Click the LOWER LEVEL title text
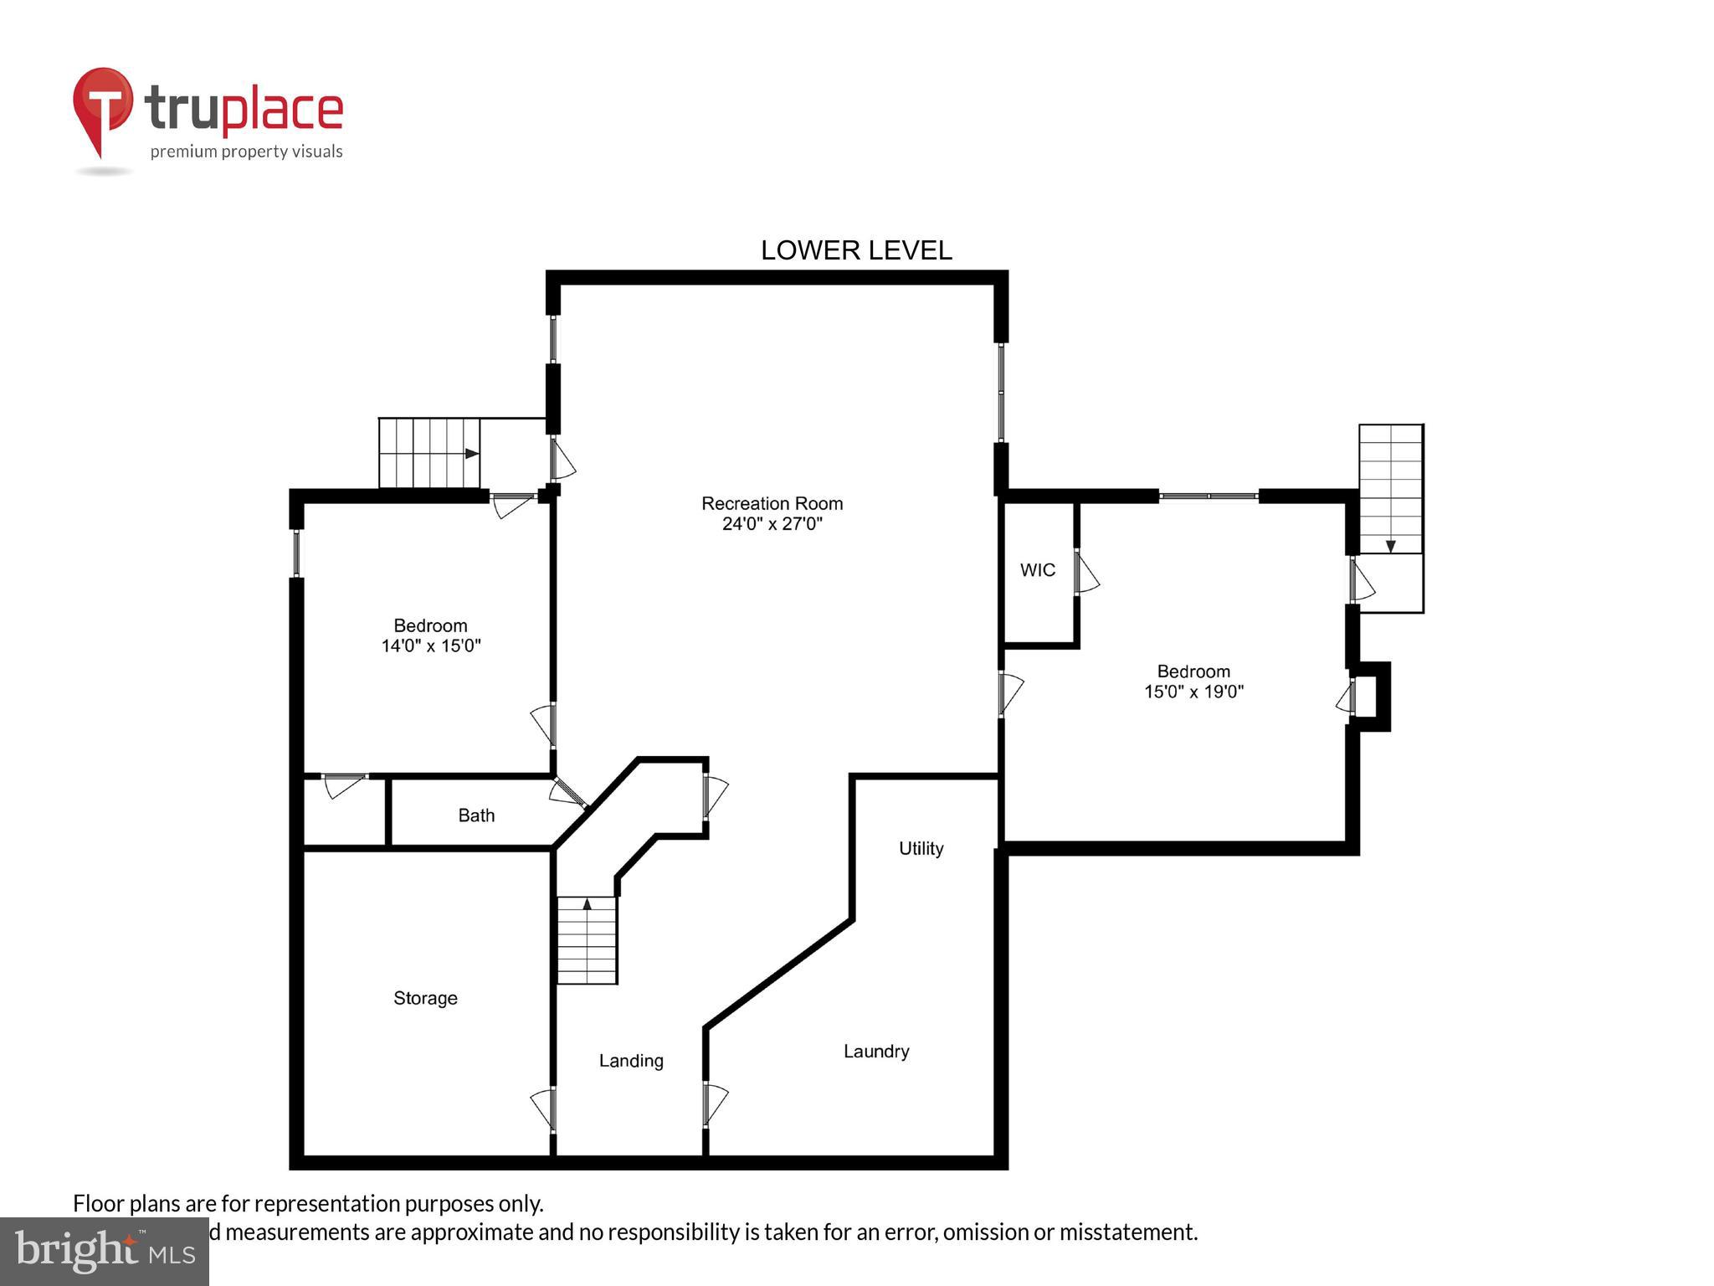pyautogui.click(x=855, y=250)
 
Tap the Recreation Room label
pyautogui.click(x=772, y=503)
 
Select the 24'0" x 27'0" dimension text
pyautogui.click(x=772, y=524)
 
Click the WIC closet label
pyautogui.click(x=1037, y=570)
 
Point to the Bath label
pyautogui.click(x=476, y=815)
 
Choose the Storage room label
pyautogui.click(x=425, y=998)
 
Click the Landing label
pyautogui.click(x=631, y=1061)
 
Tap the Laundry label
pyautogui.click(x=875, y=1052)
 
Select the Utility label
pyautogui.click(x=921, y=848)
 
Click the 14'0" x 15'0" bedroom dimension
pyautogui.click(x=431, y=646)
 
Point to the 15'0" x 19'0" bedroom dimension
pyautogui.click(x=1193, y=692)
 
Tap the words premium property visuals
pyautogui.click(x=246, y=152)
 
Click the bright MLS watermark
pyautogui.click(x=105, y=1251)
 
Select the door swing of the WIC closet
pyautogui.click(x=1086, y=574)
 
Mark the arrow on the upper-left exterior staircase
pyautogui.click(x=472, y=453)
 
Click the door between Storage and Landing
pyautogui.click(x=543, y=1108)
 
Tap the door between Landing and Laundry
pyautogui.click(x=715, y=1103)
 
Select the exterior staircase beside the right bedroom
pyautogui.click(x=1390, y=490)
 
